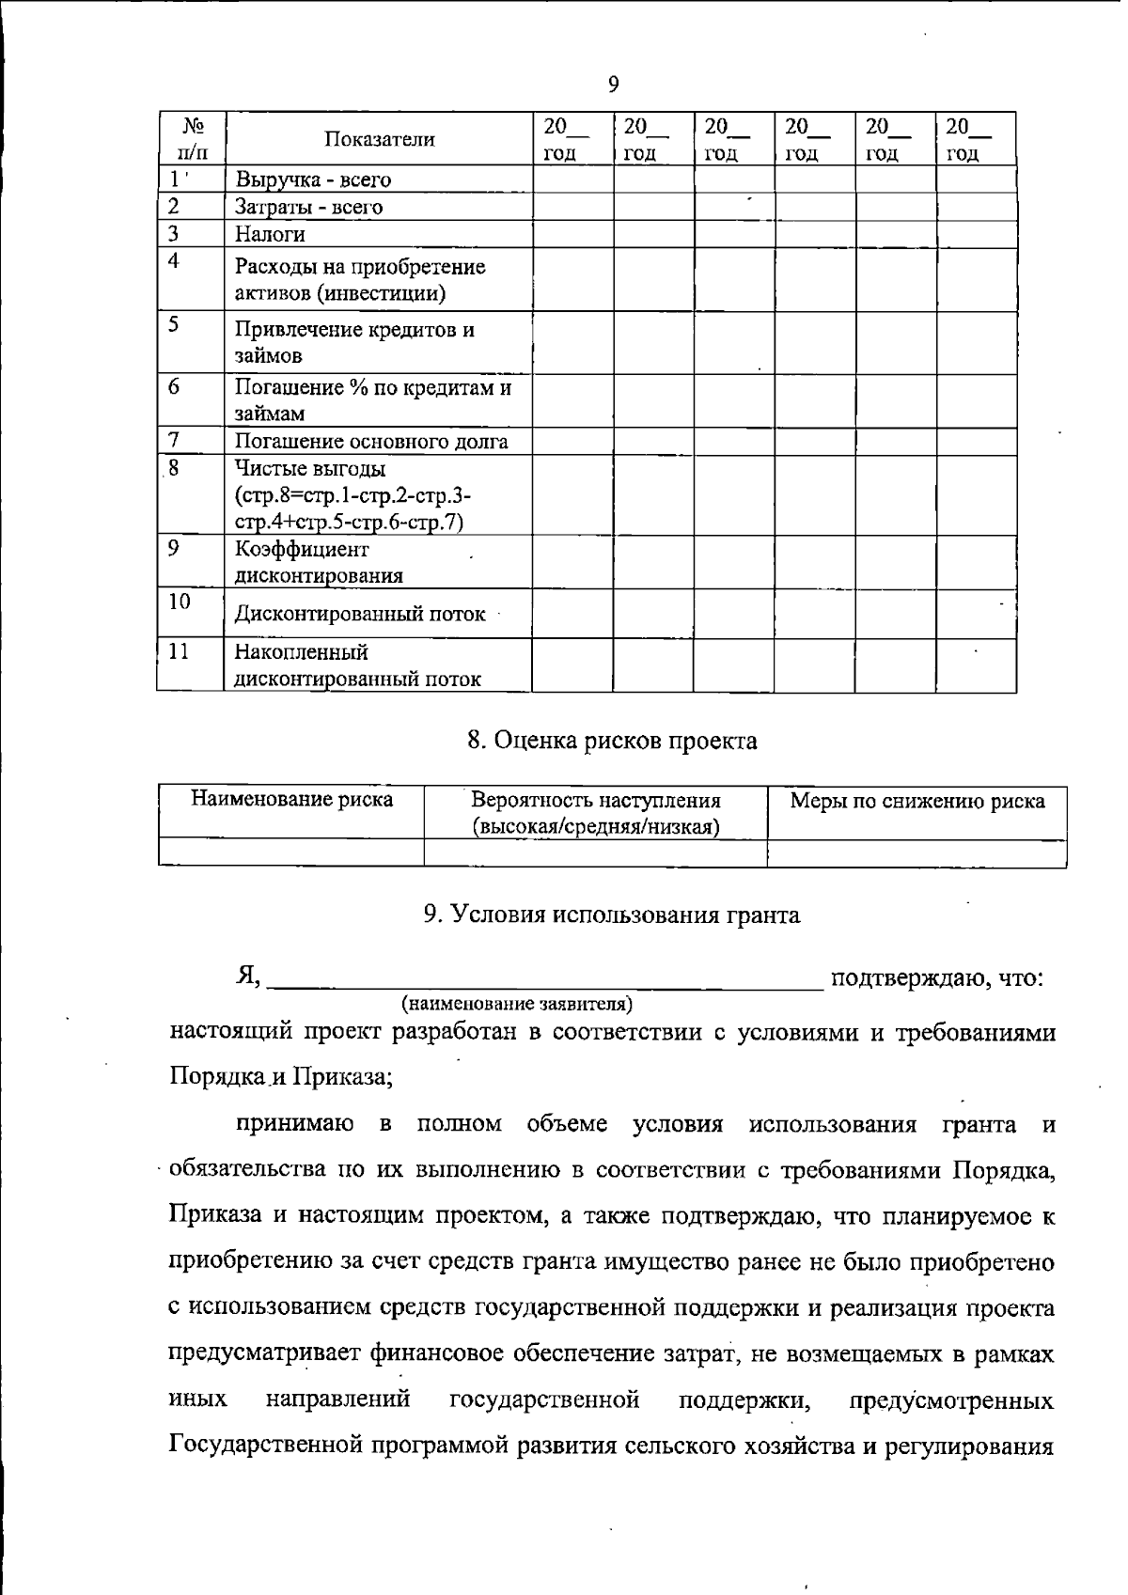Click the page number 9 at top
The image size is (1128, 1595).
tap(613, 85)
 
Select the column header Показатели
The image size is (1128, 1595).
tap(380, 140)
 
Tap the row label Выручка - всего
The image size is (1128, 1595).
tap(312, 180)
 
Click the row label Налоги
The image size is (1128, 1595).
tap(270, 234)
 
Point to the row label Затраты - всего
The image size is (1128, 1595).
tap(308, 207)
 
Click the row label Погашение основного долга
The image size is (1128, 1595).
tap(370, 442)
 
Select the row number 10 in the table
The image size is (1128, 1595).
tap(180, 602)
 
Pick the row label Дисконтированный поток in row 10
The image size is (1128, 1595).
tap(359, 615)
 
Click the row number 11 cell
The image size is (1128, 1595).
tap(179, 651)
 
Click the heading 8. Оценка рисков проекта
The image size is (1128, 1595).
tap(612, 742)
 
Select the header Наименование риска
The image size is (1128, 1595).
tap(291, 800)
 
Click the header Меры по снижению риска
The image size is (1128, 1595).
tap(916, 802)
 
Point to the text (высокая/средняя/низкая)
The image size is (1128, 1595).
tap(595, 827)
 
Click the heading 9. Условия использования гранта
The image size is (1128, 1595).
tap(612, 915)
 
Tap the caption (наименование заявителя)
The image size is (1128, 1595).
tap(517, 1004)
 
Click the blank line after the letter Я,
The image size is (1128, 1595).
tap(545, 982)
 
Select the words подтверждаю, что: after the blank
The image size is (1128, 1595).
tap(937, 978)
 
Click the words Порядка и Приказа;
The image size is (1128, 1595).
tap(281, 1076)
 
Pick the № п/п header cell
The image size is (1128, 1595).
tap(193, 139)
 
